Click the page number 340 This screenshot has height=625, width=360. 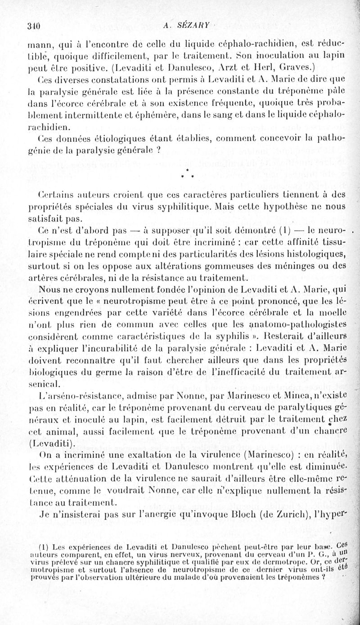(x=34, y=25)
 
